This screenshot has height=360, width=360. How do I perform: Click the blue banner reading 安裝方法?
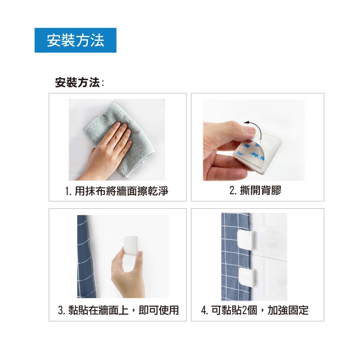[x=75, y=40]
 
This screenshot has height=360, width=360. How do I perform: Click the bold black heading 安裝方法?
[x=80, y=82]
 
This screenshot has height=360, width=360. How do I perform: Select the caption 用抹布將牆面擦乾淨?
[x=121, y=191]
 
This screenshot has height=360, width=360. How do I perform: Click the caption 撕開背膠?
[x=260, y=190]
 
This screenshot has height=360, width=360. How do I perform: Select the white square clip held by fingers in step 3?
[x=131, y=246]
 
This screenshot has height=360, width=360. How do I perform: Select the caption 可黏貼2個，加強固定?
[x=260, y=310]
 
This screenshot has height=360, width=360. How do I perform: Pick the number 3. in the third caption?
[x=62, y=310]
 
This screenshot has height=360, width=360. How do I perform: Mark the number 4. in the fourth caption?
[x=205, y=310]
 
